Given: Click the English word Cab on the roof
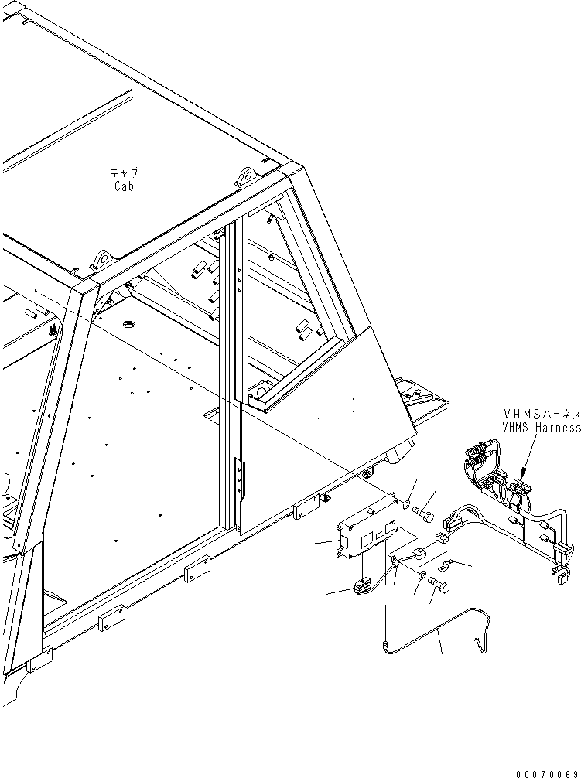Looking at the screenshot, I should tap(124, 186).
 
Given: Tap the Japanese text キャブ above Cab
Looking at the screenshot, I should tap(125, 172).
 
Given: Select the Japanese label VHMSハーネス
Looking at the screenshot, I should tap(541, 414).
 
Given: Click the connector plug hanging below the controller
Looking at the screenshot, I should tap(361, 589).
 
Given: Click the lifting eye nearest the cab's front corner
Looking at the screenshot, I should tap(248, 177).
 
